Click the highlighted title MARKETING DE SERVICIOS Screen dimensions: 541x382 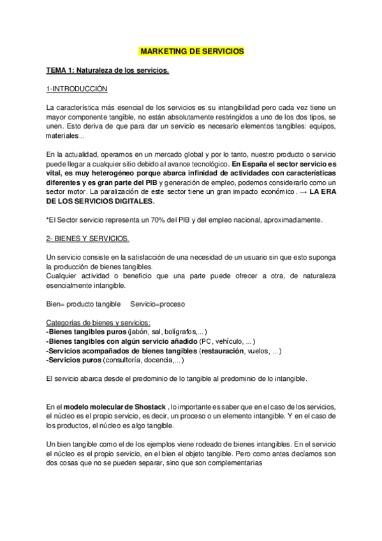click(191, 50)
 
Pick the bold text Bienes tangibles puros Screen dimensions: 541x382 click(87, 332)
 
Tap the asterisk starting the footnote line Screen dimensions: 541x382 click(48, 219)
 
